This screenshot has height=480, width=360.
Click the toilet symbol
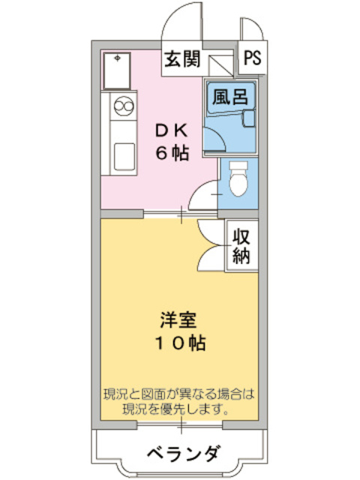pos(238,178)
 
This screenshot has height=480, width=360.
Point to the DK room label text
pos(172,130)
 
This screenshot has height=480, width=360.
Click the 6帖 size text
pos(172,152)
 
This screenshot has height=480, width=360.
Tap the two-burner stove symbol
pos(122,109)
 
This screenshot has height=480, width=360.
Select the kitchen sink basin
pos(122,158)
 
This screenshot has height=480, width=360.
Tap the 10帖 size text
pos(178,343)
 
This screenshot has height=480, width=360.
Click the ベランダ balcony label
pos(181,454)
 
